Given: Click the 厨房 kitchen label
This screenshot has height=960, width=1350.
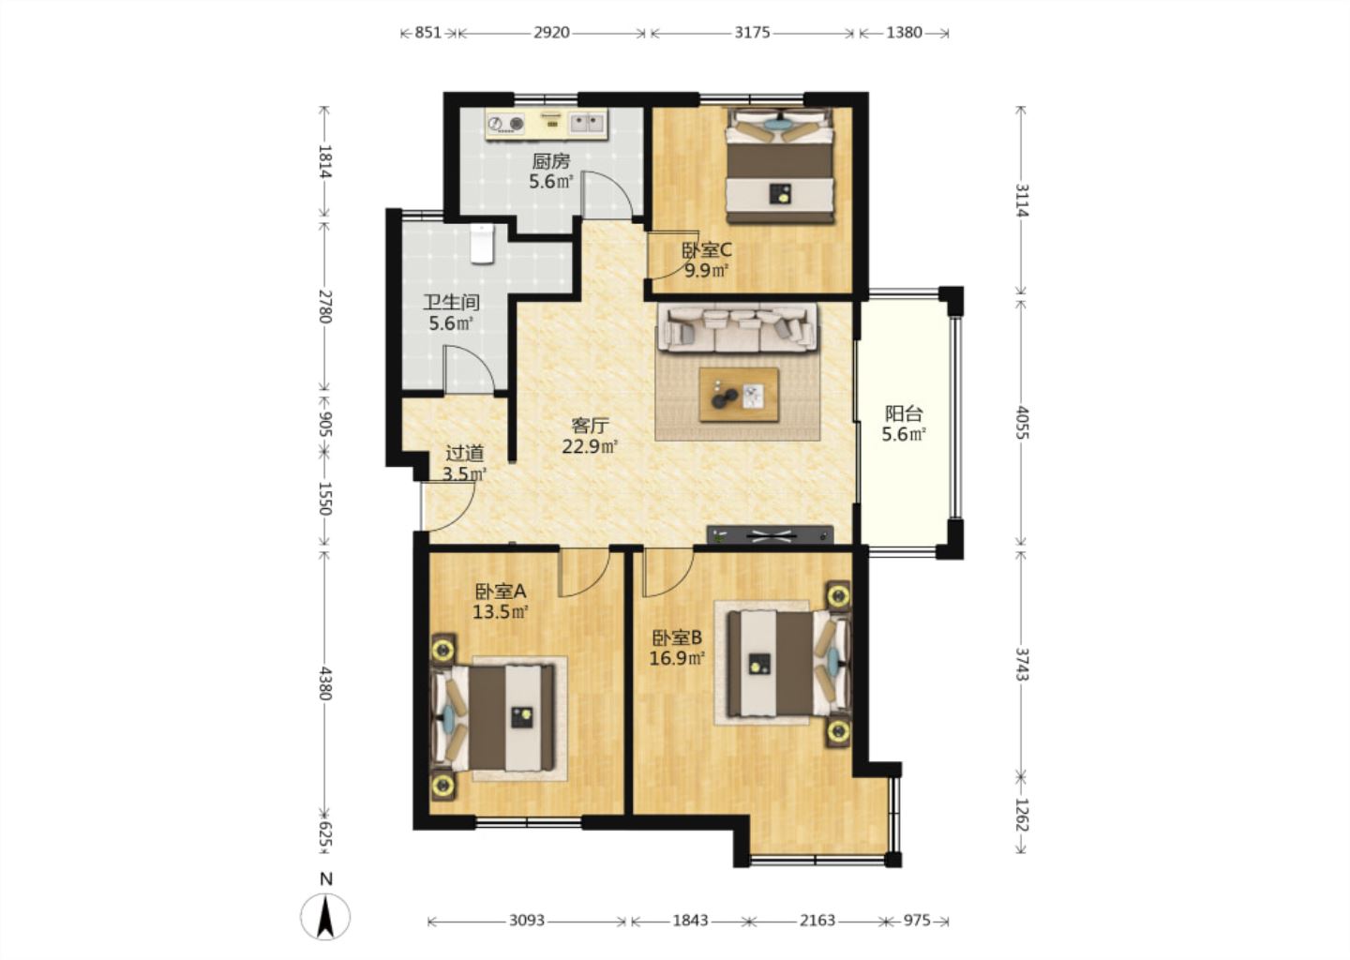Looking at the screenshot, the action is coord(551,161).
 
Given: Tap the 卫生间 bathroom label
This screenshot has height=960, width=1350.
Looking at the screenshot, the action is coord(451,302).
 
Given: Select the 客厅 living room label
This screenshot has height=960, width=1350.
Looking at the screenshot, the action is coord(590,426).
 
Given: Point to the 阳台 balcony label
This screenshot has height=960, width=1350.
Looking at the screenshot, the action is coord(904,413).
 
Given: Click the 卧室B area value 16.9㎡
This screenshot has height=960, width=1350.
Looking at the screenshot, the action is coord(677,658).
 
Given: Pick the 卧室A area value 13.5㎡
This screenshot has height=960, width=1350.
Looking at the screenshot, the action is coord(501,612).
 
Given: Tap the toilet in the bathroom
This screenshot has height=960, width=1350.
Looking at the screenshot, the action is coord(482,244).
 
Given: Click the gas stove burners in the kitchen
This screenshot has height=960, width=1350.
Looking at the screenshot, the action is coord(505,124).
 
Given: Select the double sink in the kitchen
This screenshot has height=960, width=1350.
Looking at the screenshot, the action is coord(588,124).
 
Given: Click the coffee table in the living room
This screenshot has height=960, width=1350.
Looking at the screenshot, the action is coord(739,395).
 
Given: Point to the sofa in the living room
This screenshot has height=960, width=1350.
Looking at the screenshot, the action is coord(737,327).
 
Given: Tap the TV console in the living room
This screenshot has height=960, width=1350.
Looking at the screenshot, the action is coord(771,534).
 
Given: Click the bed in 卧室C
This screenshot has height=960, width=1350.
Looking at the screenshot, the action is coord(780,166).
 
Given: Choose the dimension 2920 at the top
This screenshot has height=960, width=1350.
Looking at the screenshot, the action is coord(551,33).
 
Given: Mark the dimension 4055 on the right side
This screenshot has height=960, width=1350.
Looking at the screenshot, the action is coord(1022,422).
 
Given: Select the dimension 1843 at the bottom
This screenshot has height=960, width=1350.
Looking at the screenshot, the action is coord(691,921).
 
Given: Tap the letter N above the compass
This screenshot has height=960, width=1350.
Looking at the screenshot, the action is coord(326,878).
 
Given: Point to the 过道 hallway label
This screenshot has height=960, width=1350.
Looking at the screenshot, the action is coord(465,453).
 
